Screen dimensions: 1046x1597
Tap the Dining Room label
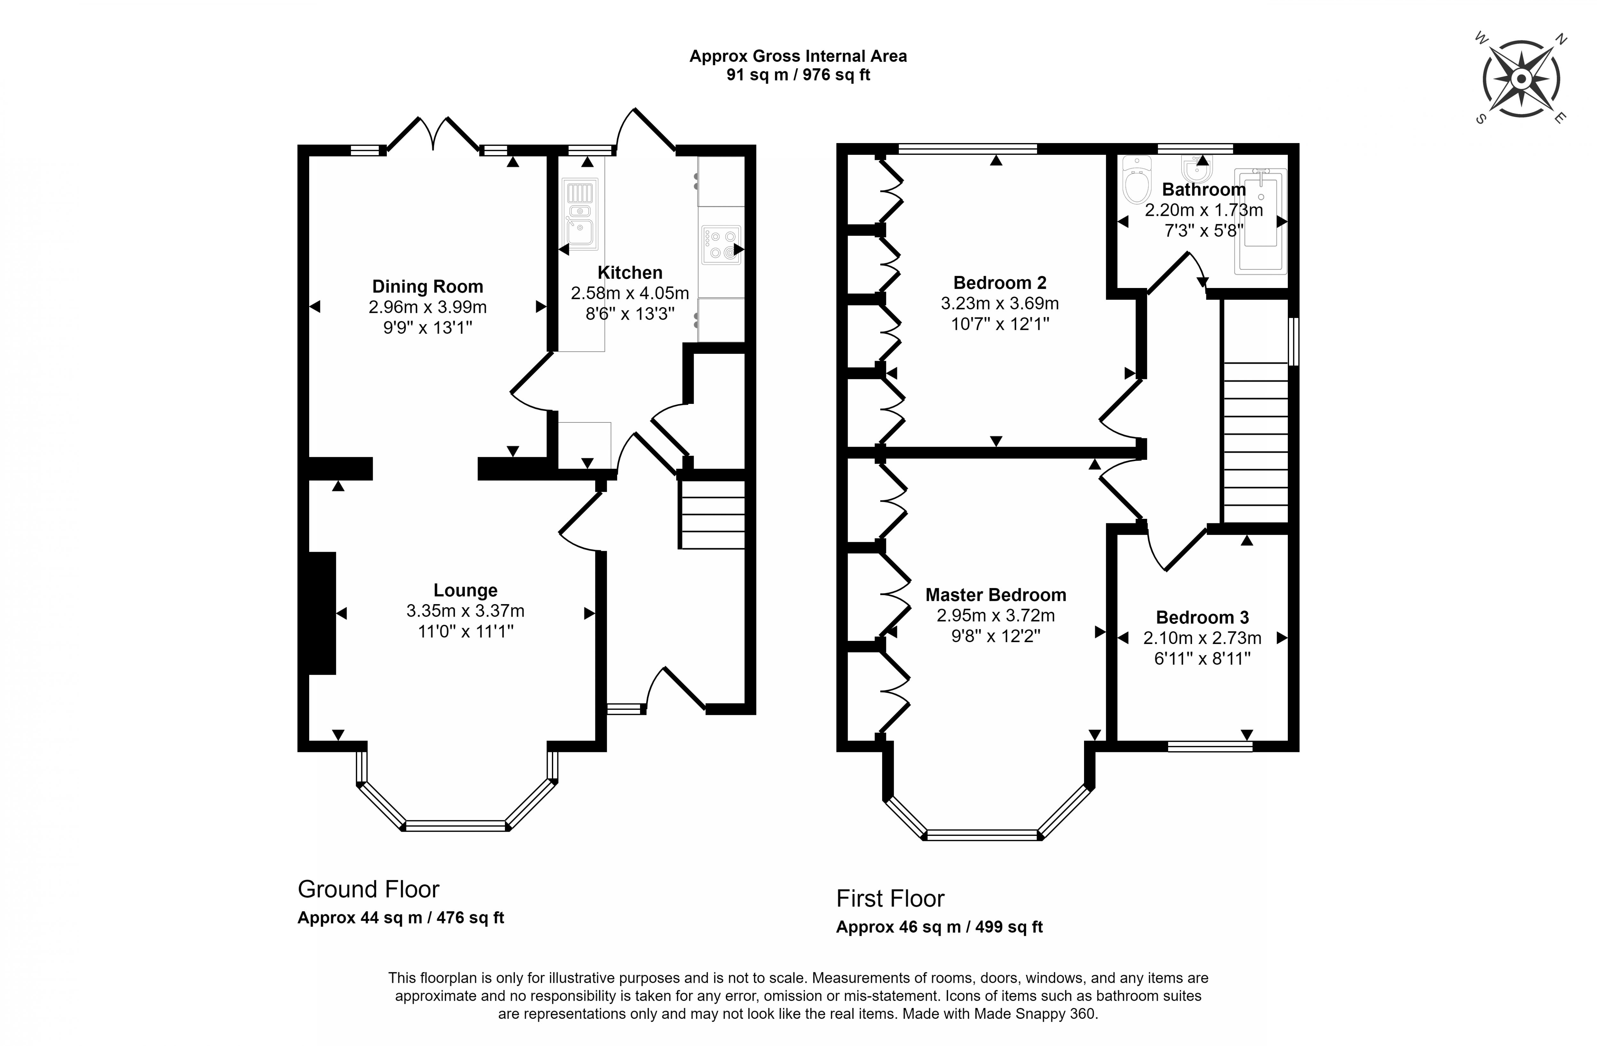[427, 286]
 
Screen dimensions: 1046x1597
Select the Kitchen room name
[630, 272]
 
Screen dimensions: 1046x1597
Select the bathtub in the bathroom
[1260, 221]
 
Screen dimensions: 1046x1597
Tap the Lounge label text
[465, 590]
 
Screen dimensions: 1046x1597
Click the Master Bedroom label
[995, 595]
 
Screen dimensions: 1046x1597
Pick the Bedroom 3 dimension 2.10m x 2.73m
[1202, 638]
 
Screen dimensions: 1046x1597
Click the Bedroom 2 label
[999, 283]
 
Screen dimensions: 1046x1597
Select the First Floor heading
[890, 898]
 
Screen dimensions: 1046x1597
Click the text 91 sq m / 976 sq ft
[798, 75]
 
